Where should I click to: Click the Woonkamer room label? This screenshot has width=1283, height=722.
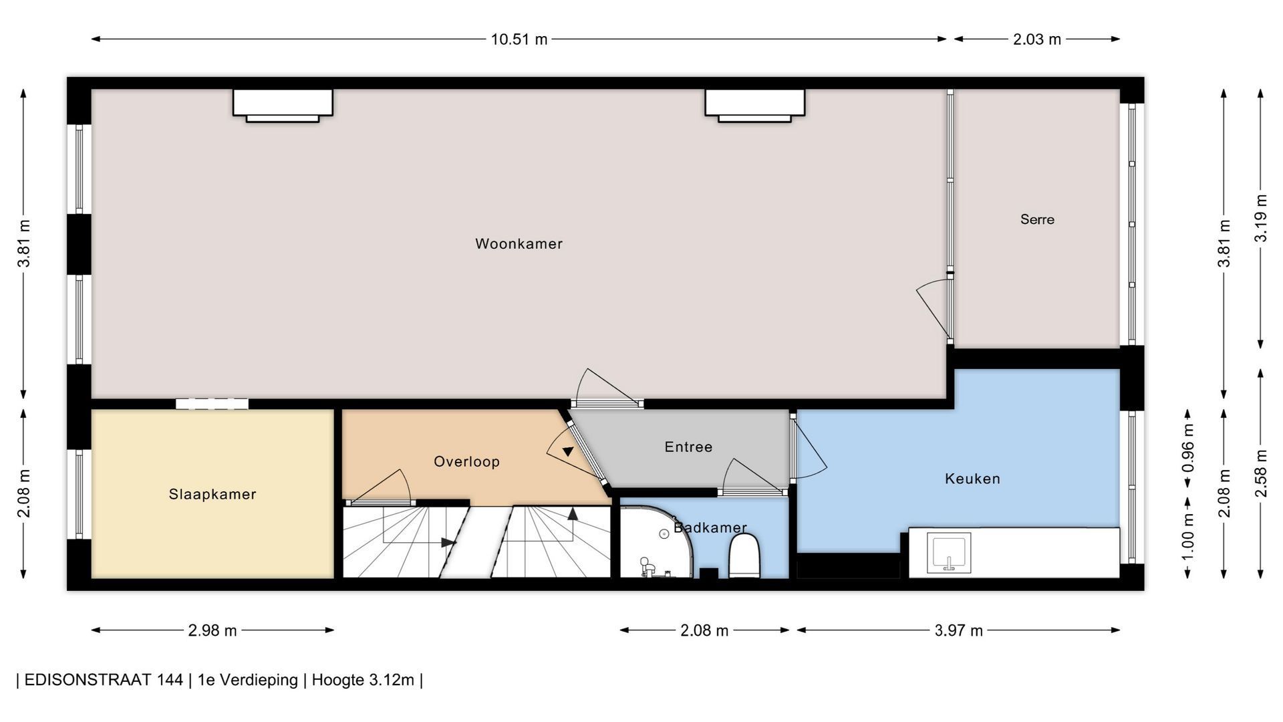click(x=519, y=244)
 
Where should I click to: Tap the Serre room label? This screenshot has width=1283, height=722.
click(x=1037, y=219)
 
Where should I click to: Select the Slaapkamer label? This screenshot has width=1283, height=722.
click(x=212, y=494)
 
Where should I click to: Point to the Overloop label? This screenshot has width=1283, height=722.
click(x=466, y=461)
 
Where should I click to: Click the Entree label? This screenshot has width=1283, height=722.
click(x=688, y=447)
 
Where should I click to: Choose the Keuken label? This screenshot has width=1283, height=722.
click(x=972, y=479)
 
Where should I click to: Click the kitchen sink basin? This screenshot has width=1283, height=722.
click(x=948, y=553)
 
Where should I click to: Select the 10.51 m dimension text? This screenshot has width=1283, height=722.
click(x=519, y=39)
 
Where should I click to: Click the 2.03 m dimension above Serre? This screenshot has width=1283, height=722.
click(x=1037, y=39)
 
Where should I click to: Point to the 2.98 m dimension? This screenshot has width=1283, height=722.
click(x=212, y=630)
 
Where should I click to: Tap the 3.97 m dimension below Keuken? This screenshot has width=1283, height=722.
click(x=959, y=630)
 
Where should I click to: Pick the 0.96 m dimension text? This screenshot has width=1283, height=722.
click(x=1188, y=448)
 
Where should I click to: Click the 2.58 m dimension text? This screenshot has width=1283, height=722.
click(x=1261, y=474)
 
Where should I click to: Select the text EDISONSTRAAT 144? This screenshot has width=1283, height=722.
click(x=104, y=680)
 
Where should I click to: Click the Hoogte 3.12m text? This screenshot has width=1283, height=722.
click(x=363, y=680)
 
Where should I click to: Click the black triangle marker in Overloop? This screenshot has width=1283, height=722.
click(x=568, y=452)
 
